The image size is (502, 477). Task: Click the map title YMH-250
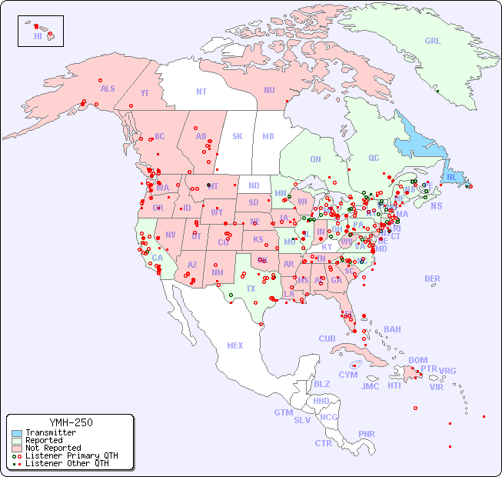tap(70, 422)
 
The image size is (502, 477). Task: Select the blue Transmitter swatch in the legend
tap(16, 433)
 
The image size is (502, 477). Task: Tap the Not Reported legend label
tap(52, 448)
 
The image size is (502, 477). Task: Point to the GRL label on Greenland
tap(433, 42)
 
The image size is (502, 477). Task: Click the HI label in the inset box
tap(38, 36)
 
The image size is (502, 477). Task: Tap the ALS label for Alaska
tap(108, 88)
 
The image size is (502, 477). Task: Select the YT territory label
tap(145, 93)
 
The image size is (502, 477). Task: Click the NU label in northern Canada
tap(269, 90)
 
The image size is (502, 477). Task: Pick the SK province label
tap(238, 136)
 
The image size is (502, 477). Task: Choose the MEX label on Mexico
tap(235, 345)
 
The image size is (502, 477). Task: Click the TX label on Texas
tap(250, 289)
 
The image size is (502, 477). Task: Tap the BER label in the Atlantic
tap(432, 279)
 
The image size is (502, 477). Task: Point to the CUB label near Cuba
tap(327, 339)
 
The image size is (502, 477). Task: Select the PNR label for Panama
tap(367, 434)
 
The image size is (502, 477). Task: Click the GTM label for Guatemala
tap(283, 412)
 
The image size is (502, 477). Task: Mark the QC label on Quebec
tap(374, 158)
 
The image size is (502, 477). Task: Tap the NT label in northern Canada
tap(201, 92)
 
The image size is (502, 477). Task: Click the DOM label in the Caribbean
tap(417, 360)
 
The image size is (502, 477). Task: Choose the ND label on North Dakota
tap(254, 185)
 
